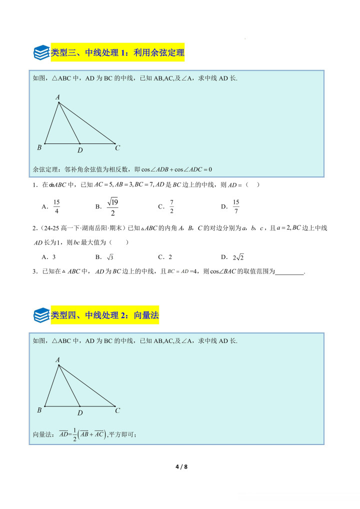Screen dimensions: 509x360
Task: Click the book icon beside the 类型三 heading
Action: pos(41,52)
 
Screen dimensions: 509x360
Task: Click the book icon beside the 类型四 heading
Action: pos(41,315)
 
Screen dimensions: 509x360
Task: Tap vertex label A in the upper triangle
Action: pos(57,97)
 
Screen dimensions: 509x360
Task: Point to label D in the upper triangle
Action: pos(80,150)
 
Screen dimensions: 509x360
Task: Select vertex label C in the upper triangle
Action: pos(117,148)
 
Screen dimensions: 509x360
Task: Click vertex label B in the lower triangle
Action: pos(39,410)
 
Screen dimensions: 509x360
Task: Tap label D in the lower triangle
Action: pos(80,413)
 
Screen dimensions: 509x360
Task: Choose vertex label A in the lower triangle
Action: pos(57,359)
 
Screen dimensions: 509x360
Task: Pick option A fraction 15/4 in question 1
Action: pos(56,206)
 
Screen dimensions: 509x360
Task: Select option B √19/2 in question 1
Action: pos(112,206)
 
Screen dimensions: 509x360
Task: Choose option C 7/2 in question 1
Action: pos(171,206)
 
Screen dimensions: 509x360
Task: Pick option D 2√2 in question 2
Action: pos(237,257)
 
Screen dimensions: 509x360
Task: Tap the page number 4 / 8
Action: pos(180,467)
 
